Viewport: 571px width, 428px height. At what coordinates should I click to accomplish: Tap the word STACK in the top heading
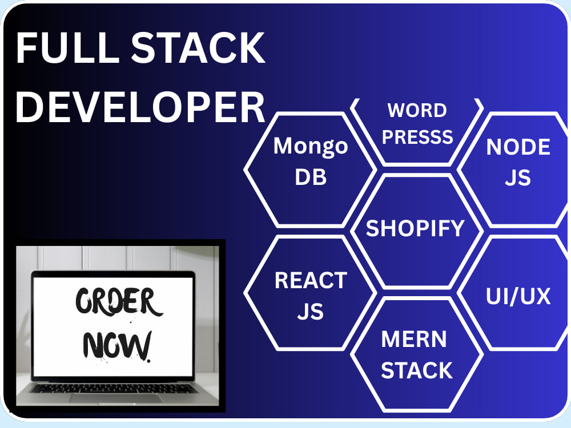(x=198, y=48)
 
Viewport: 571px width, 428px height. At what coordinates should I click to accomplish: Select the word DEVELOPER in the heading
(x=140, y=107)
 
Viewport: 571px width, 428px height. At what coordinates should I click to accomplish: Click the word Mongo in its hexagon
(x=311, y=147)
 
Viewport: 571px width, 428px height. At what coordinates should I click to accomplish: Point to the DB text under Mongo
(x=311, y=177)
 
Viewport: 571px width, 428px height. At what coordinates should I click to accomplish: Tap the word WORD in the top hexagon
(x=417, y=110)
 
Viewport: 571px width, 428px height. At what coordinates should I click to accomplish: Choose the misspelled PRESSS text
(x=417, y=137)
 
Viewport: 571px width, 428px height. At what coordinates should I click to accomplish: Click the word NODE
(x=518, y=147)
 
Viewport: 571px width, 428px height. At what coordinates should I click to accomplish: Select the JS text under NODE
(x=518, y=178)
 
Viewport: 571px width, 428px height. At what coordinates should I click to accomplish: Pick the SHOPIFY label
(x=415, y=228)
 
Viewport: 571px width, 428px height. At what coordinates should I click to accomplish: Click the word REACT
(x=311, y=280)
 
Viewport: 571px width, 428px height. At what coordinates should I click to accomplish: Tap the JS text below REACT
(x=311, y=312)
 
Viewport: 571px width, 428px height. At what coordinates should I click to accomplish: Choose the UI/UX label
(x=518, y=296)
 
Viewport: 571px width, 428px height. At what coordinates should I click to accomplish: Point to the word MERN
(x=414, y=339)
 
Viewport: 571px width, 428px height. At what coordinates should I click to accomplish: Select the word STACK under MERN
(x=417, y=370)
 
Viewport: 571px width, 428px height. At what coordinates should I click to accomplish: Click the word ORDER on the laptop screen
(x=118, y=301)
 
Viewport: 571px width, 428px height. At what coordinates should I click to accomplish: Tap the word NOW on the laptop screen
(x=116, y=345)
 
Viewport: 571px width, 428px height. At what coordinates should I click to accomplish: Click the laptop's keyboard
(x=113, y=388)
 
